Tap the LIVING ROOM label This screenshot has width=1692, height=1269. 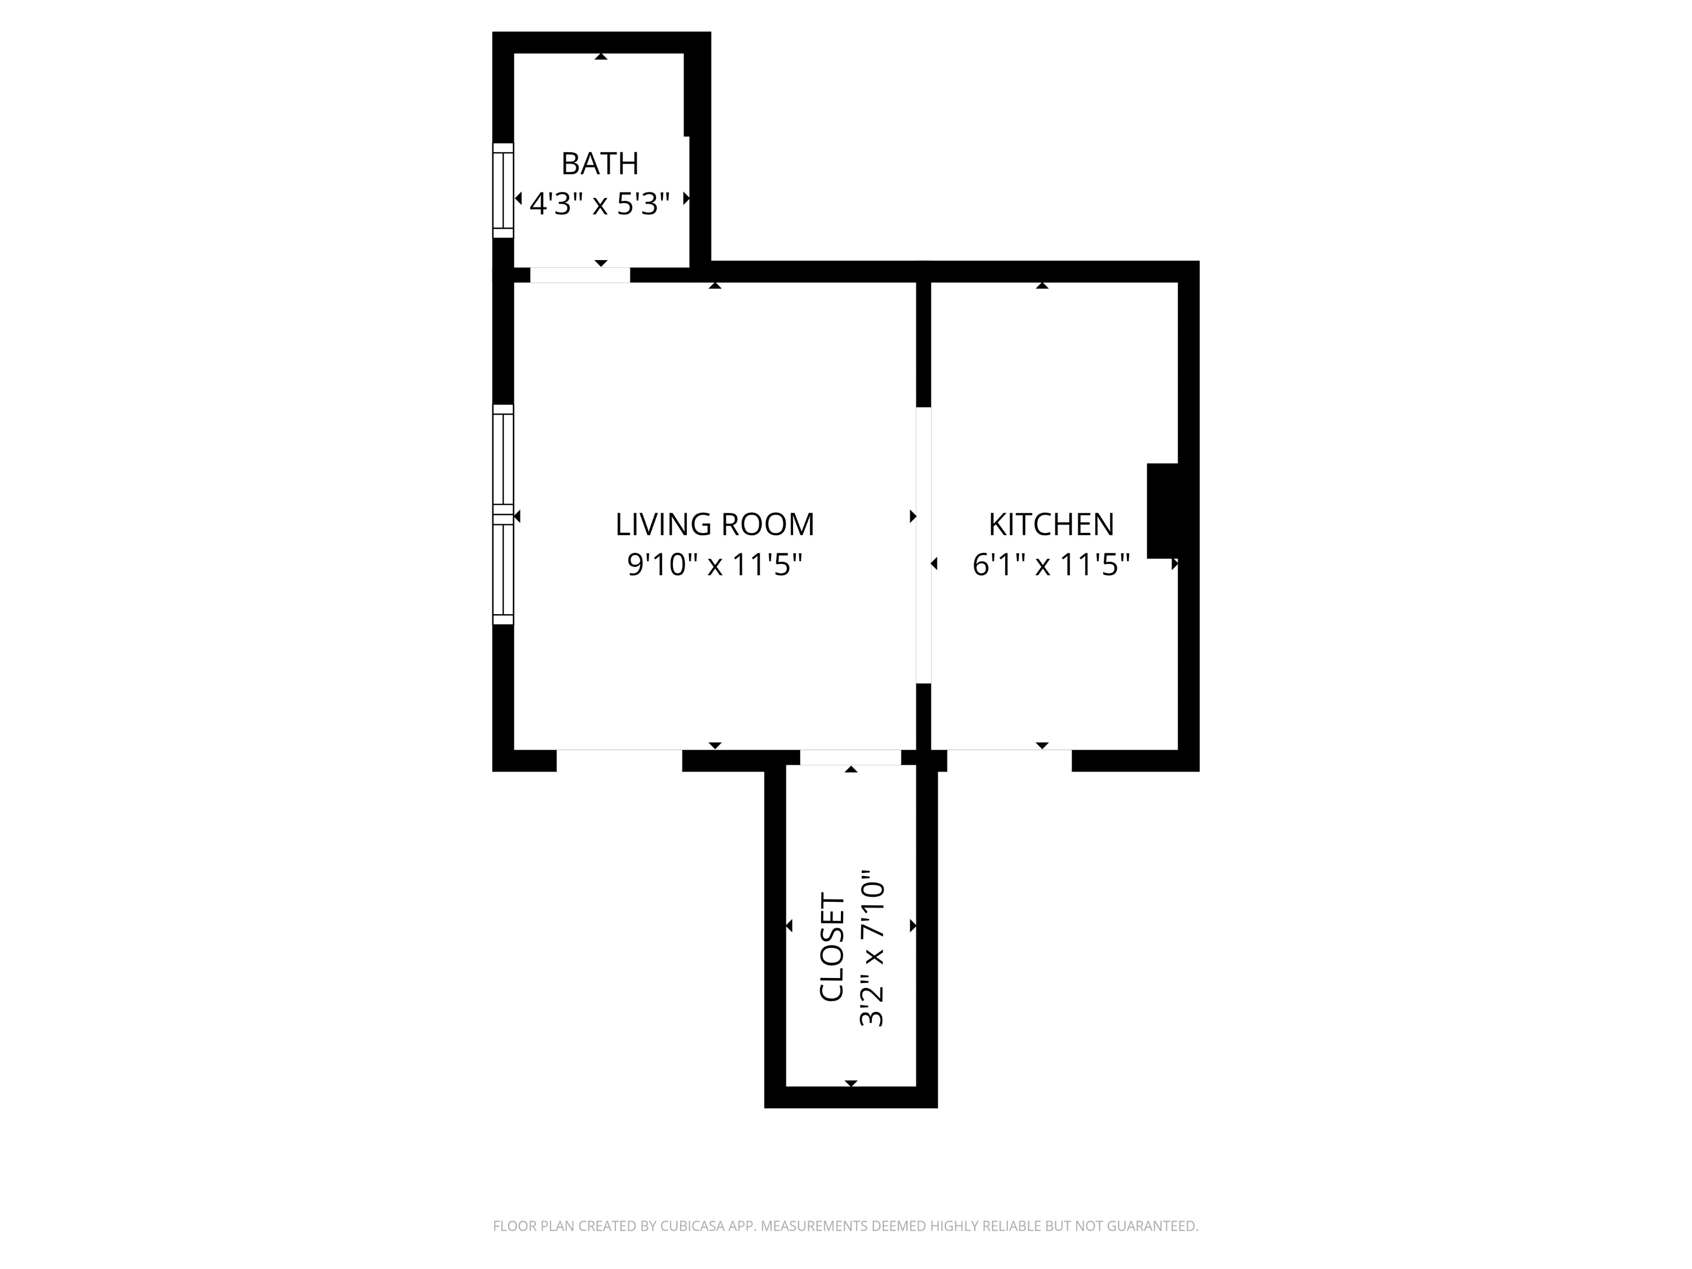tap(715, 525)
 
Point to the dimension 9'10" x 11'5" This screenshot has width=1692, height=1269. tap(715, 565)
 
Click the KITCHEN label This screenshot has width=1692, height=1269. tap(1051, 525)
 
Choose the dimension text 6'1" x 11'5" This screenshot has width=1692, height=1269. tap(1051, 565)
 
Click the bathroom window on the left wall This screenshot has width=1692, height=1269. tap(503, 191)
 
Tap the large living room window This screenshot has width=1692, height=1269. tap(503, 514)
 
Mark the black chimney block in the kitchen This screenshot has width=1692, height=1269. tap(1162, 510)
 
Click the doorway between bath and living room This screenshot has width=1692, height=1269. tap(580, 275)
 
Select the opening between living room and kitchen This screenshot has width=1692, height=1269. tap(923, 545)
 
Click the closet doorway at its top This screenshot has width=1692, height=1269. tap(850, 757)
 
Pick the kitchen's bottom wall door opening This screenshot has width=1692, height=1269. tap(1009, 760)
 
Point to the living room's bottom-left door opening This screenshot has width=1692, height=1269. tap(619, 760)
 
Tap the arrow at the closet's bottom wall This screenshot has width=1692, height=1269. tap(851, 1083)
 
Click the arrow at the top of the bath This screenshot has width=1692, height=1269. tap(601, 56)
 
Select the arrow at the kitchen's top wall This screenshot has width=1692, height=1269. tap(1042, 286)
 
